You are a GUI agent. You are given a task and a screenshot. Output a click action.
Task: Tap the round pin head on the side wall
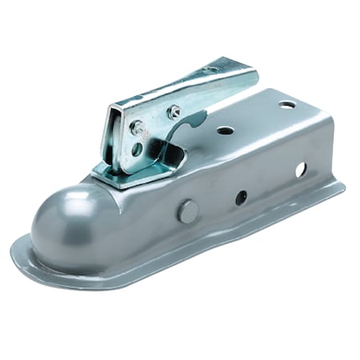[x=186, y=211]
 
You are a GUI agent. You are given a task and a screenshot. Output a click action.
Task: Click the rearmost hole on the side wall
[x=301, y=170]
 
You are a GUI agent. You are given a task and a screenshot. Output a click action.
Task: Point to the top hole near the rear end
[x=286, y=105]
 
